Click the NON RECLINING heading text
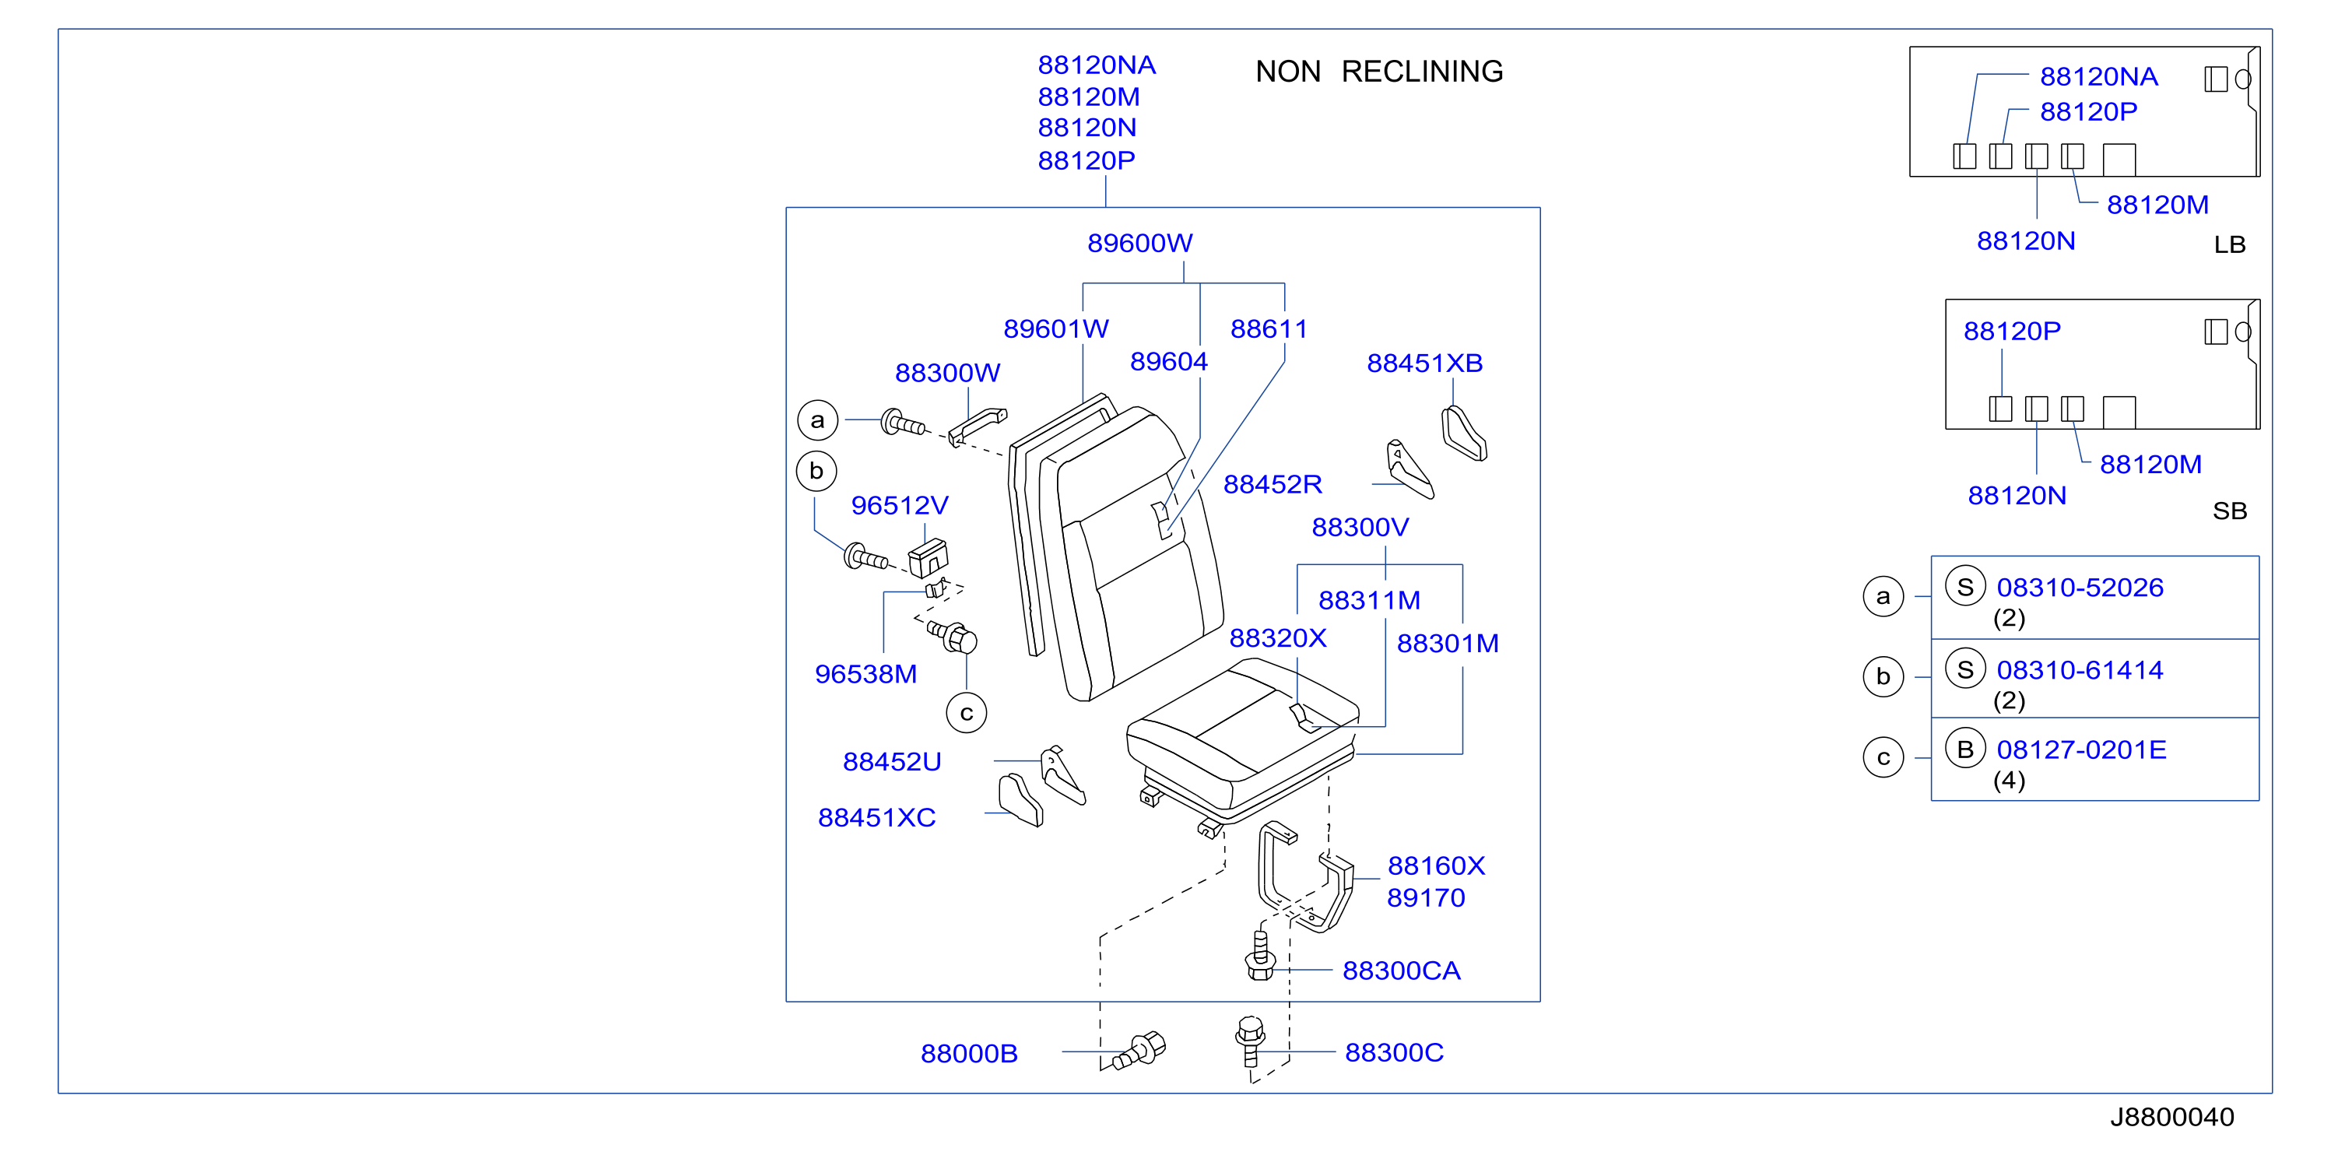point(1379,72)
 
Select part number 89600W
point(1139,243)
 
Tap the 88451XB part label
point(1424,363)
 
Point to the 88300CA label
point(1401,971)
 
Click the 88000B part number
point(969,1054)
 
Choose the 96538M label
point(866,674)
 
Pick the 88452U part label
point(892,762)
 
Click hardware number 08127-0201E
point(2081,750)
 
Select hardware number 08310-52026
point(2080,588)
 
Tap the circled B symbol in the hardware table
point(1964,749)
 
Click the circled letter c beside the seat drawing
point(967,713)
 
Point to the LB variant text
point(2230,244)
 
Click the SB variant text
point(2230,511)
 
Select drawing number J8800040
point(2171,1117)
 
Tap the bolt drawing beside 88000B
point(1140,1050)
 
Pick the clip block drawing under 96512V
point(929,557)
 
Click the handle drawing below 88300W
point(978,426)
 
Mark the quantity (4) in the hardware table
point(2009,781)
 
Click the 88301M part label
point(1448,644)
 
